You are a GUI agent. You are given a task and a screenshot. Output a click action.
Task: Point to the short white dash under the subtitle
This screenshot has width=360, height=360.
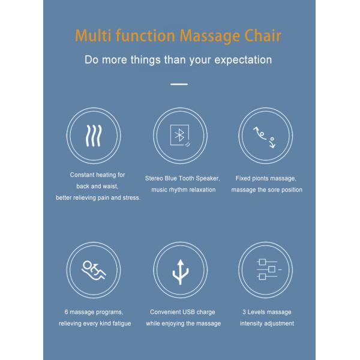(179, 84)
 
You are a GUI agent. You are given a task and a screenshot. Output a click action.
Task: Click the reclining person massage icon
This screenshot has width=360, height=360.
(94, 269)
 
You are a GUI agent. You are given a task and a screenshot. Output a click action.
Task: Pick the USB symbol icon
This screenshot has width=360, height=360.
(180, 269)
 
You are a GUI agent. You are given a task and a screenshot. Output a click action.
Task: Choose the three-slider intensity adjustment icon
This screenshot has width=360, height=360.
(266, 269)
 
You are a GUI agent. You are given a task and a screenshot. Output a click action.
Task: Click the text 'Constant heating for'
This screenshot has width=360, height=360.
(97, 175)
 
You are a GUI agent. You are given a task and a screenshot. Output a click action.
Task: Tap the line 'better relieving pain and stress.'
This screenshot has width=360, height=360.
(98, 197)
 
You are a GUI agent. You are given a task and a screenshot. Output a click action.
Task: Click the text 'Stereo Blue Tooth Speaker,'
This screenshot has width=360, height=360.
(182, 178)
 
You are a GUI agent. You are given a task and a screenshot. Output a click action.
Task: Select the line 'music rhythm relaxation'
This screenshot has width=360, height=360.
(182, 190)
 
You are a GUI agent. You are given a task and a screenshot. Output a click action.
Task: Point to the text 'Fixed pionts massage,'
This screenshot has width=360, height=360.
(266, 178)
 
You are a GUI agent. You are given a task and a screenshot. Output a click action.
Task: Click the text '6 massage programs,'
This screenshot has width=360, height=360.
(94, 312)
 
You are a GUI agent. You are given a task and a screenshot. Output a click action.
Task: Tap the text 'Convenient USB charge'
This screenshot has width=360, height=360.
(182, 312)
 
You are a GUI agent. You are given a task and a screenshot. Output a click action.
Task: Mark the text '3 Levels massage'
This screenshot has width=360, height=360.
(266, 312)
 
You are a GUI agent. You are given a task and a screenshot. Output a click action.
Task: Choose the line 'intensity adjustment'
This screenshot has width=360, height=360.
(266, 323)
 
